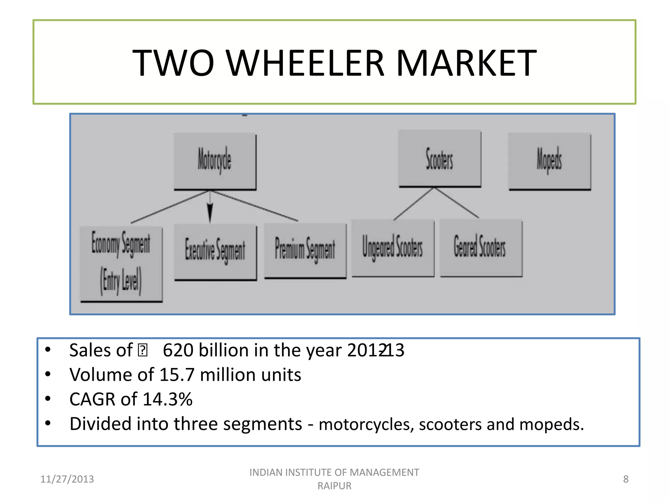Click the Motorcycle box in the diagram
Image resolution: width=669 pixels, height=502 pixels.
click(x=215, y=161)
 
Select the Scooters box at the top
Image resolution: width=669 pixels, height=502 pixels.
click(x=439, y=159)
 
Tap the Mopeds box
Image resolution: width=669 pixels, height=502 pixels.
click(x=549, y=161)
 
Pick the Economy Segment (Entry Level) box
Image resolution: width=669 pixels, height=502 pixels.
click(x=121, y=263)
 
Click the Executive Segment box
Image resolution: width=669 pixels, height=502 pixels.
click(x=215, y=251)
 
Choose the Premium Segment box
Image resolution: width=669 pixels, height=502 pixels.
click(x=305, y=250)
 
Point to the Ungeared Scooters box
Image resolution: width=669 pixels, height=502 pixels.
click(x=393, y=248)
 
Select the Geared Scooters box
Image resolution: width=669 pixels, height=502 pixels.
click(x=480, y=247)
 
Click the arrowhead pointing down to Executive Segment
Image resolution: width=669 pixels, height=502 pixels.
click(x=210, y=212)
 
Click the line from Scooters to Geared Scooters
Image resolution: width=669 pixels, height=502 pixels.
click(x=457, y=203)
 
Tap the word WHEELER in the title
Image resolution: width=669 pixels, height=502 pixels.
click(x=305, y=63)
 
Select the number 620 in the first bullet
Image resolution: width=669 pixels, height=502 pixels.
click(x=178, y=350)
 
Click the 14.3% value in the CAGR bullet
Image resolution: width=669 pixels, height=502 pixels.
click(x=168, y=399)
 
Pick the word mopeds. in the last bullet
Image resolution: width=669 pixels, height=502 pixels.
click(x=551, y=425)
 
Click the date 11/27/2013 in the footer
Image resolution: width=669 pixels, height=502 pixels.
click(x=67, y=479)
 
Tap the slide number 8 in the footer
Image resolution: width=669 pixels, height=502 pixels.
click(x=626, y=479)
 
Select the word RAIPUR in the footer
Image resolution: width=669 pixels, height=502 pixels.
click(x=334, y=486)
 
